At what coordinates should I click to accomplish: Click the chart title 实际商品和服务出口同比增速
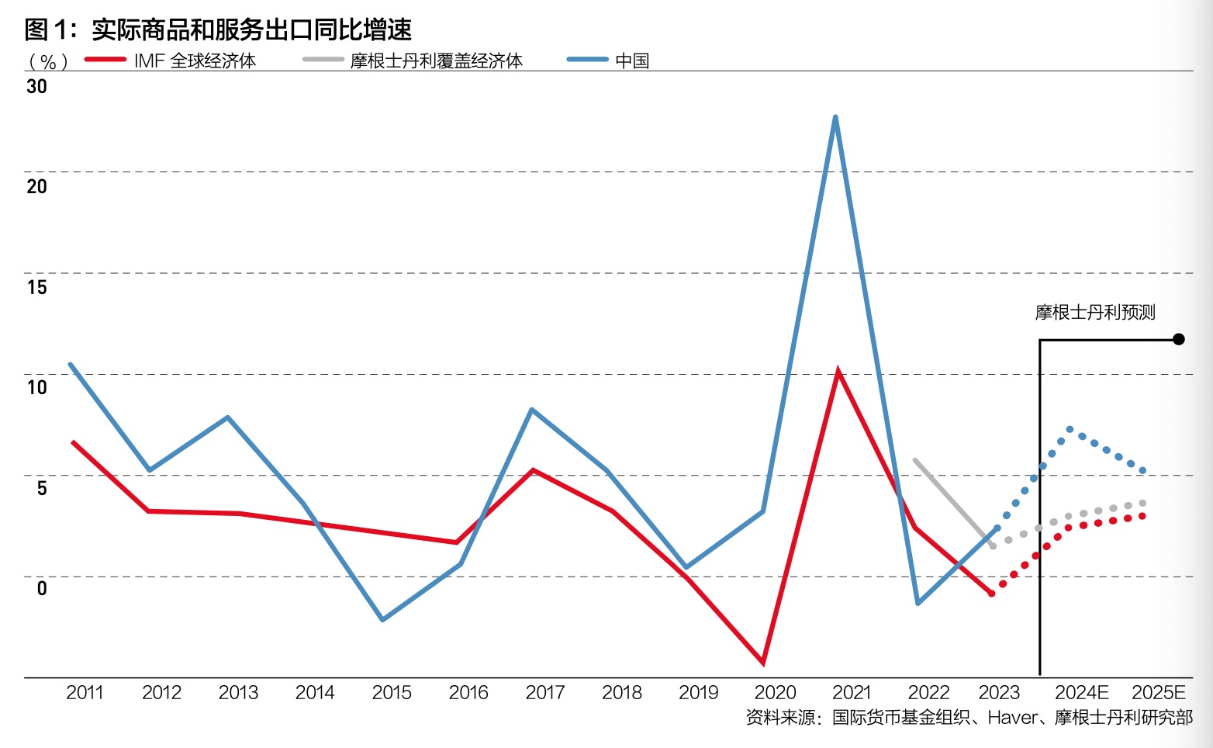251,29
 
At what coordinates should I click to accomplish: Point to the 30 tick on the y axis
36,86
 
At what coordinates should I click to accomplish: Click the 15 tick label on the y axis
36,287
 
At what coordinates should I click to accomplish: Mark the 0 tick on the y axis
42,588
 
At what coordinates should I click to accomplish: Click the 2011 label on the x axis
85,692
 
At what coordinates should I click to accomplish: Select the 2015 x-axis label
391,692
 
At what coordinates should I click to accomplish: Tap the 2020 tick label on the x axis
775,692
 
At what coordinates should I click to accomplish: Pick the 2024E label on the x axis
1081,692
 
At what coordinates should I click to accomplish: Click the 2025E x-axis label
1159,692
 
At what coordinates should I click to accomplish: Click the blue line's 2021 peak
835,117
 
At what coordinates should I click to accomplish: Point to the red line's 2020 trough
763,663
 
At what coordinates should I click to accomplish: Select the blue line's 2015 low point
382,619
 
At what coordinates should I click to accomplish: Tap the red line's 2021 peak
838,371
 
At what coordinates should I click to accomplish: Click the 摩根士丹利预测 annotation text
1094,312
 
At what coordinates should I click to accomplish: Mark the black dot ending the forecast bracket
1179,339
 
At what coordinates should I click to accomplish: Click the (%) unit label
48,62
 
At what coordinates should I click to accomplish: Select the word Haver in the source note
1011,718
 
